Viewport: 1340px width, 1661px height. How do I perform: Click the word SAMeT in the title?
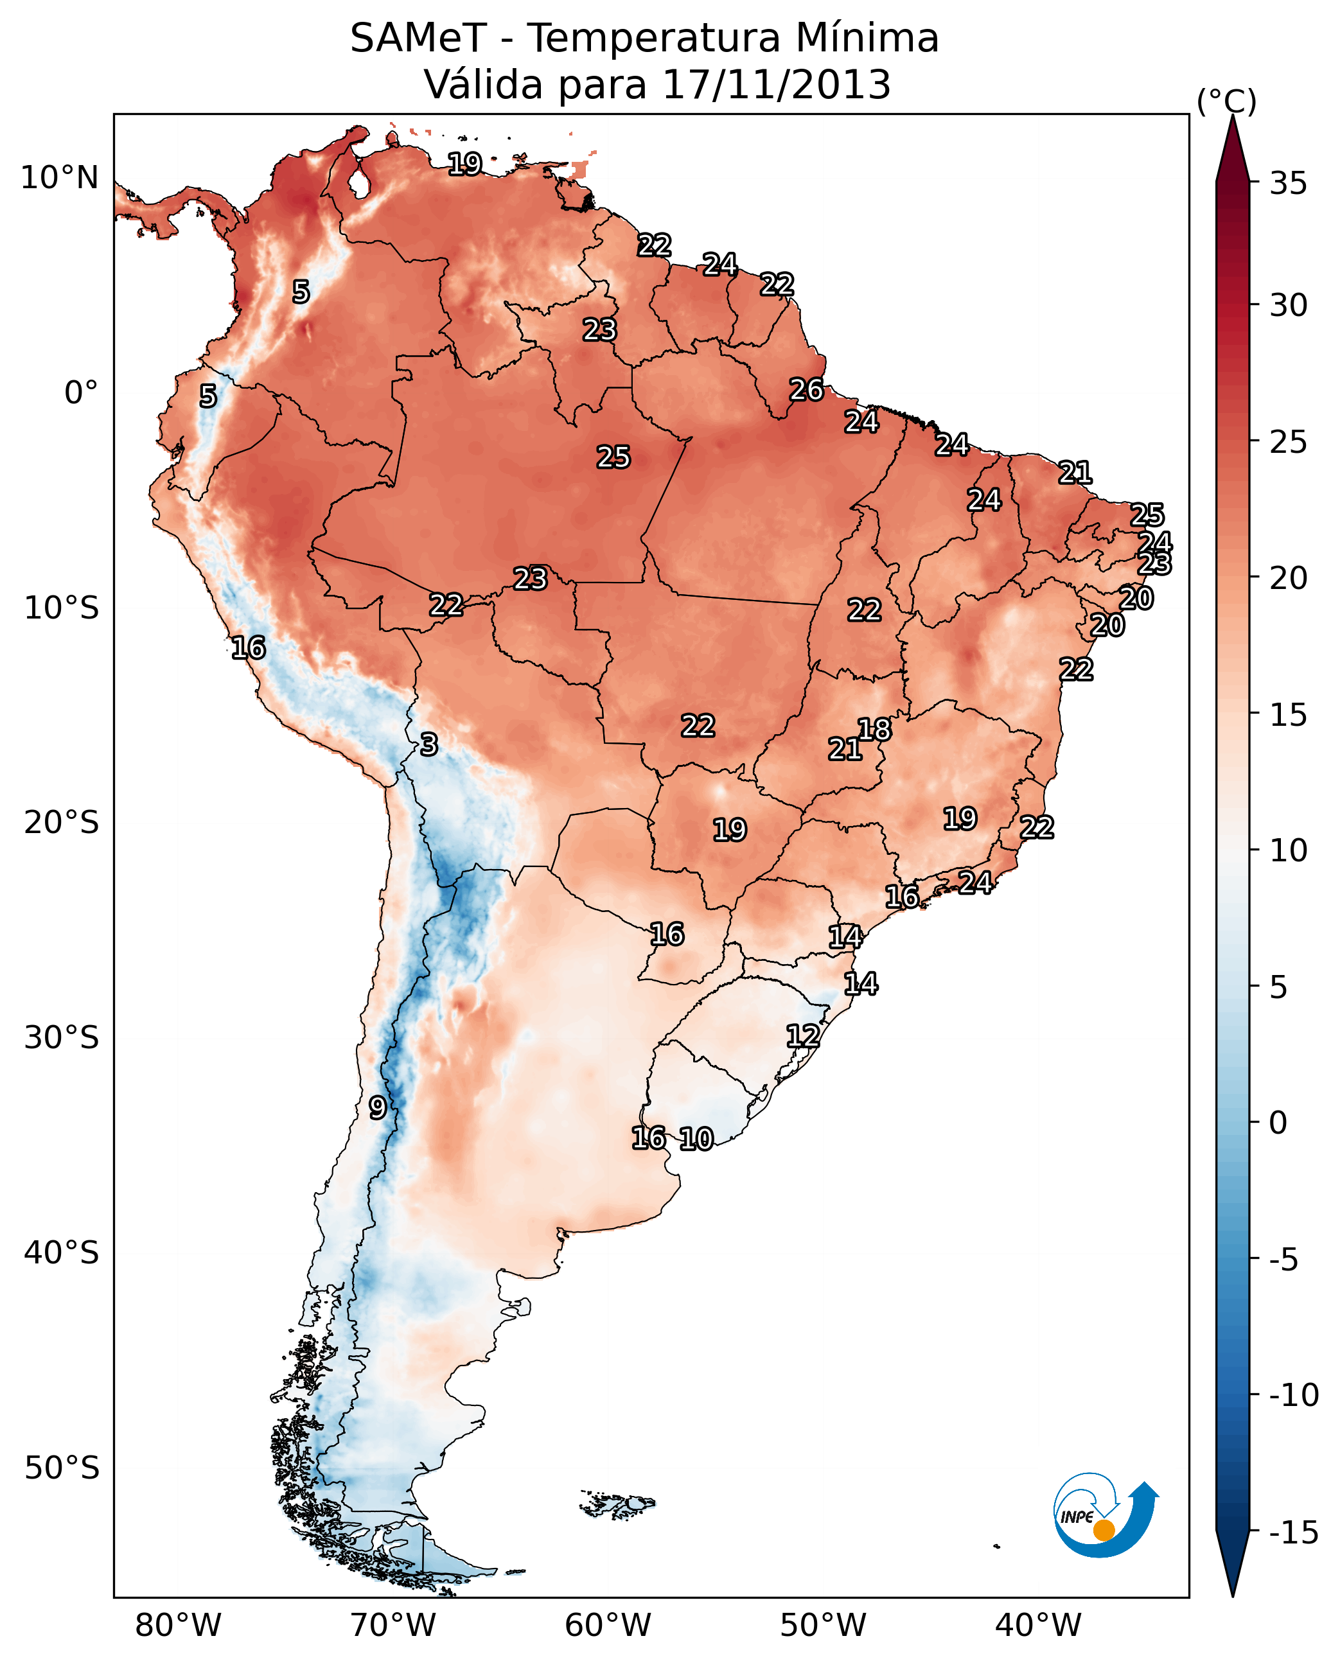coord(418,38)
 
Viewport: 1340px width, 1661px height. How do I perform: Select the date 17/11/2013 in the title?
coord(776,84)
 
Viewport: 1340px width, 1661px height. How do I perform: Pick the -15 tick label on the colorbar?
coord(1294,1533)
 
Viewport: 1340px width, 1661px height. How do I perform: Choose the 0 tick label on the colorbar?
coord(1278,1122)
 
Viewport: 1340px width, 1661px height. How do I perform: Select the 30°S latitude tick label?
coord(62,1038)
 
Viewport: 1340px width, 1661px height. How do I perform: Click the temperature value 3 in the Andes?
coord(429,745)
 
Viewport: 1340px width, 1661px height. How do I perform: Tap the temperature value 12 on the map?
coord(803,1036)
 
